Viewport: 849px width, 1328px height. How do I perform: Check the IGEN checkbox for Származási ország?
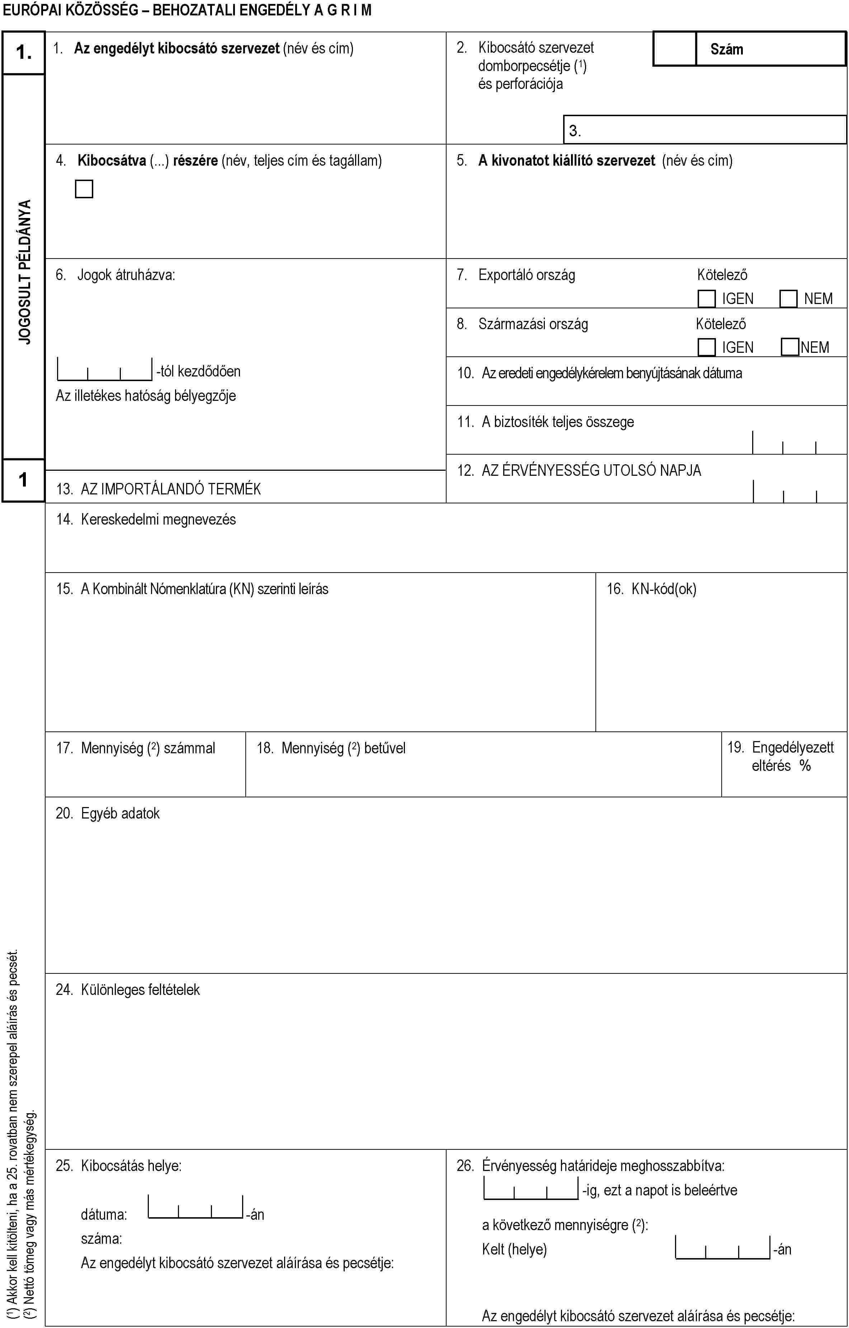pyautogui.click(x=706, y=347)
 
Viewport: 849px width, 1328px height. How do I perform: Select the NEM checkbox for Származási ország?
pyautogui.click(x=790, y=347)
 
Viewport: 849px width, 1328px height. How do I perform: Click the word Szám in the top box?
pyautogui.click(x=727, y=49)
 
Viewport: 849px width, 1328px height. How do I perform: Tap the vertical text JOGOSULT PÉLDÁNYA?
pyautogui.click(x=25, y=272)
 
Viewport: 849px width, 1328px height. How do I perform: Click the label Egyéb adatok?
pyautogui.click(x=120, y=814)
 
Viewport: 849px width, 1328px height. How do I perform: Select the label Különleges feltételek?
pyautogui.click(x=140, y=990)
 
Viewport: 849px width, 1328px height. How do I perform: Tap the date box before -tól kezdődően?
pyautogui.click(x=104, y=370)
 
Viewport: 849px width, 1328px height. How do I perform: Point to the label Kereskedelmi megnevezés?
pyautogui.click(x=158, y=520)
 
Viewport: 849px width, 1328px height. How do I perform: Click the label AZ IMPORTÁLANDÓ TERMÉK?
pyautogui.click(x=170, y=489)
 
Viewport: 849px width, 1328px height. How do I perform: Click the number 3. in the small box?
pyautogui.click(x=575, y=131)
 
